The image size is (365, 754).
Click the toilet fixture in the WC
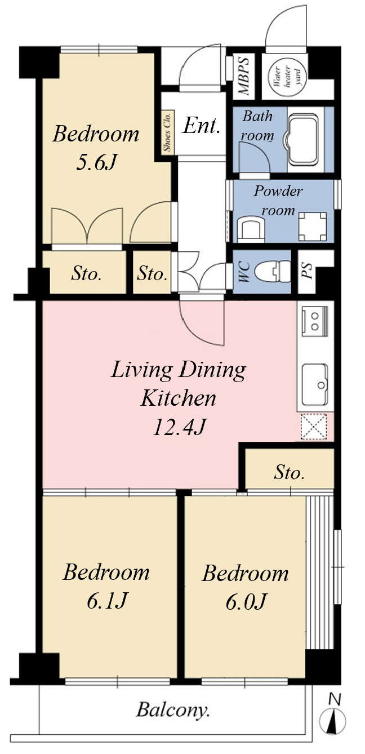pos(273,270)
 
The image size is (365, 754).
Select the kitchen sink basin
pos(315,385)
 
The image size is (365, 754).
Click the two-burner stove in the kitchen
pos(314,321)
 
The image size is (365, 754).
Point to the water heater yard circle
pos(287,77)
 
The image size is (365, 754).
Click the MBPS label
pos(243,76)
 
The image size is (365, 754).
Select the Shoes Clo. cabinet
pos(167,132)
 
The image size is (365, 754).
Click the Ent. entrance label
pos(201,126)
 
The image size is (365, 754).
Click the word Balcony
pos(173,711)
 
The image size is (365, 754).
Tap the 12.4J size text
pos(179,428)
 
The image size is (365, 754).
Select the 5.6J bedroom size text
pos(96,163)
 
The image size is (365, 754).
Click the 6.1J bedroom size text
pos(107,601)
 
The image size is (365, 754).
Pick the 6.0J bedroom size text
pos(246,602)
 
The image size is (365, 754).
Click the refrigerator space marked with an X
pos(314,427)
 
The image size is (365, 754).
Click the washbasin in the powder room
pos(251,229)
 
